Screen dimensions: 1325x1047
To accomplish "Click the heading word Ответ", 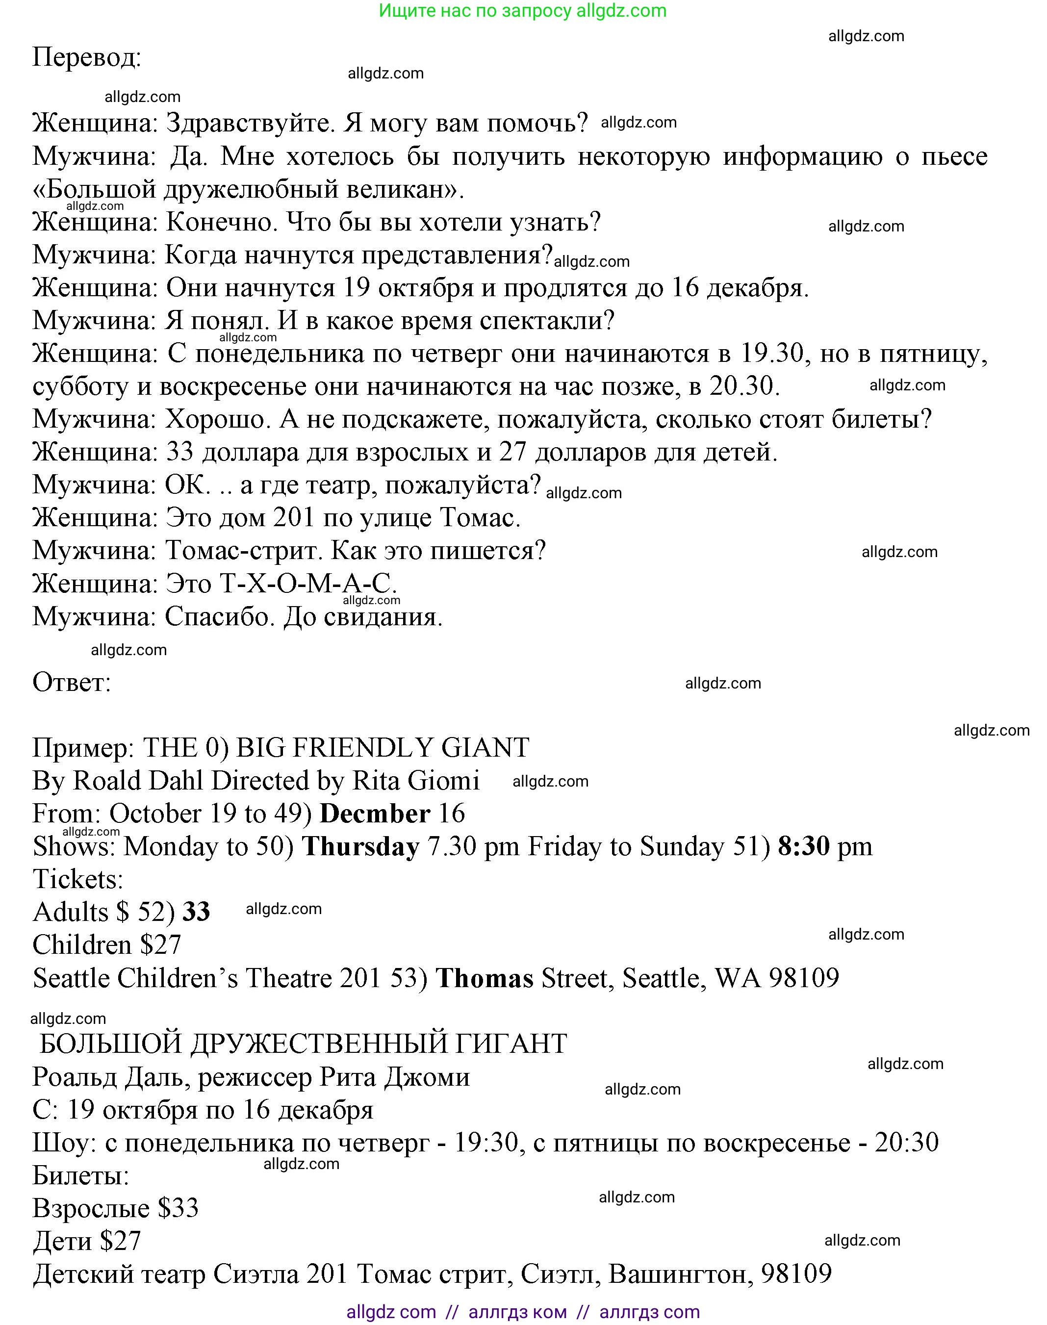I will click(x=71, y=683).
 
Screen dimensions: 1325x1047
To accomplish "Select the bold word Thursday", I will click(x=361, y=847).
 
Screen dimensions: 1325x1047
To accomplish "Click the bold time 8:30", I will click(x=804, y=847).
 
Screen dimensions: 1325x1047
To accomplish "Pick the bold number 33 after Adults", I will click(x=196, y=913).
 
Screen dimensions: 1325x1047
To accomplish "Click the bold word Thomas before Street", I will click(x=485, y=978).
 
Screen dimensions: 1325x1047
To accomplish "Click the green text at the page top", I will click(x=522, y=11).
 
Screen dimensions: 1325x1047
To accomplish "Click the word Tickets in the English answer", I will click(x=78, y=879).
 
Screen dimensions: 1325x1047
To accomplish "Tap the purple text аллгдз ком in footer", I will click(x=517, y=1312).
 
